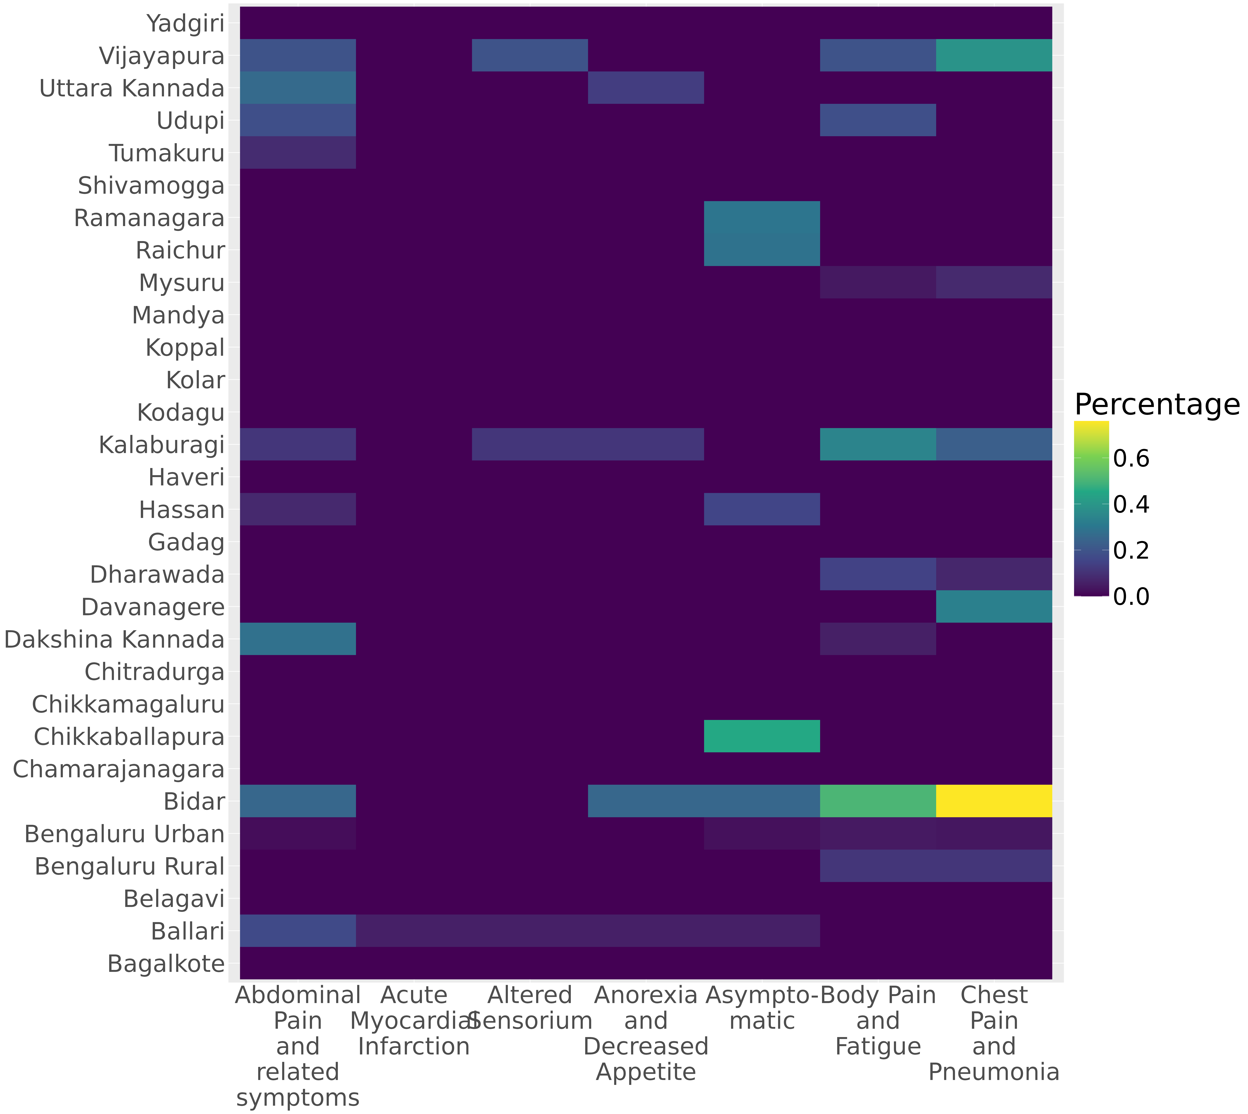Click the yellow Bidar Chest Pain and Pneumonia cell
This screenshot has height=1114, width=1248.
coord(994,801)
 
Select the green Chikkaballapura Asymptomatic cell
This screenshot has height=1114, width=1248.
coord(762,736)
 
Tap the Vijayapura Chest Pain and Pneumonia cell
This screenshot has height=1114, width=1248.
coord(994,55)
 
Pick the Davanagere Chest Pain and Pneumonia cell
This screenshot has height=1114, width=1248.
coord(994,607)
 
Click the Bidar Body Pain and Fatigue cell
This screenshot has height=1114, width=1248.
coord(878,801)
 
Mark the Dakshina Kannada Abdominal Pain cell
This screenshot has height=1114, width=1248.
coord(298,639)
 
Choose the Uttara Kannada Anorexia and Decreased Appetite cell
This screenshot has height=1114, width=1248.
coord(646,87)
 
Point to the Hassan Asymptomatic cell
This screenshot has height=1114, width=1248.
coord(762,509)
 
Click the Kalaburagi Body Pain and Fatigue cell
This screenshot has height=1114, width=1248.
coord(878,444)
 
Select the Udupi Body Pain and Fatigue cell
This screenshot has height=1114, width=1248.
coord(878,120)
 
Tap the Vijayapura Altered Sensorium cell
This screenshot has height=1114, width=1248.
coord(530,55)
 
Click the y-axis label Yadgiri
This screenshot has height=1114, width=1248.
coord(186,24)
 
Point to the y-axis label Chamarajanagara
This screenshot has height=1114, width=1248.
coord(119,769)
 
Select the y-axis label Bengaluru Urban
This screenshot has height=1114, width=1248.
coord(124,834)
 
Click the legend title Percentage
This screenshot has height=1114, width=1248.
coord(1157,405)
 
